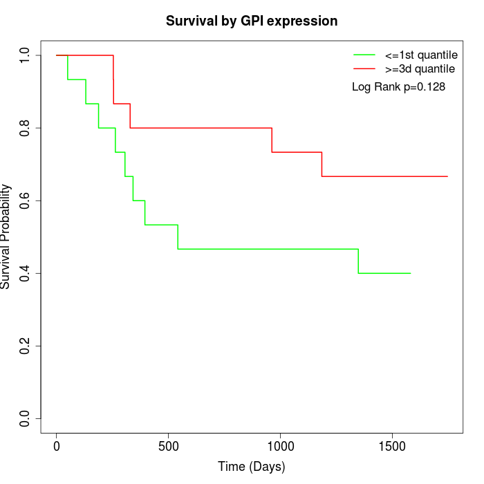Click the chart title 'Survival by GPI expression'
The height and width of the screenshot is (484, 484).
point(252,21)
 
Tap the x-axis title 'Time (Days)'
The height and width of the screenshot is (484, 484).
point(251,467)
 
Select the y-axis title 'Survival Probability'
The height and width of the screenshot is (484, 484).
point(6,236)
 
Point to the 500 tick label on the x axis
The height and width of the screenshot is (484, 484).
point(169,446)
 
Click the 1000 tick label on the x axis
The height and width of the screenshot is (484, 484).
point(280,446)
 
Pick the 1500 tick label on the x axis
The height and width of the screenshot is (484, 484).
point(392,446)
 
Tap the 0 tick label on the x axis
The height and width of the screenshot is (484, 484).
point(57,446)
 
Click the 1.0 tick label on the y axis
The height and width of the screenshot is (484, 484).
point(26,55)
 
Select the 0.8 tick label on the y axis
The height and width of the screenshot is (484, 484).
point(26,128)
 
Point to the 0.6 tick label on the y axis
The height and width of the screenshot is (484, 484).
point(26,201)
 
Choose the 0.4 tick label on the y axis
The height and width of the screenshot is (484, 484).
point(26,273)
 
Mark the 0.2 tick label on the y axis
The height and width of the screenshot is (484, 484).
point(26,346)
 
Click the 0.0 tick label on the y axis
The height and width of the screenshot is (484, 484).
point(26,418)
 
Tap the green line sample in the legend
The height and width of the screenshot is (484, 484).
point(364,55)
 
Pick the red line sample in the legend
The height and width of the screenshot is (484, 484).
point(364,68)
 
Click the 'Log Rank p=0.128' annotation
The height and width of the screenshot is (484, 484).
point(398,87)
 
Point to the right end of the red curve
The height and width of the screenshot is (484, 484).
point(447,176)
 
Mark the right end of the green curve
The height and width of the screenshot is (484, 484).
point(411,273)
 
